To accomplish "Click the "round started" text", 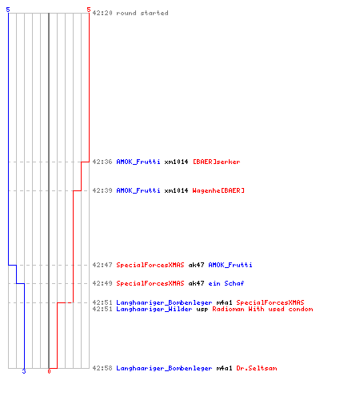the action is pos(142,13).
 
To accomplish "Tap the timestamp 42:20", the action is pos(102,13).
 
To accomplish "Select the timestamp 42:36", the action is pos(102,162).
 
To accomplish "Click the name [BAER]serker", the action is pos(216,162).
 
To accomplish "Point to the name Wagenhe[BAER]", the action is pos(218,190).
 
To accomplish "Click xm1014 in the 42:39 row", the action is pos(176,190).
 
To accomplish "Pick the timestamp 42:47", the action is pos(102,265).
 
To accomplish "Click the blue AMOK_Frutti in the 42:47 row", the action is pos(230,265).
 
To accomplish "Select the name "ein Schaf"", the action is pos(226,283).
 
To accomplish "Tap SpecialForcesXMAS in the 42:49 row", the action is pos(150,283).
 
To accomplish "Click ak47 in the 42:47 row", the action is pos(196,265).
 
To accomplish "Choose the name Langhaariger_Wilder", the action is pos(154,309).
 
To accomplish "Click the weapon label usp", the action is pos(202,310).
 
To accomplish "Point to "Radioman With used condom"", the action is pos(262,309).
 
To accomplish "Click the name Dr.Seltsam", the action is pos(257,368).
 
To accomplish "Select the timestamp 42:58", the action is pos(102,368).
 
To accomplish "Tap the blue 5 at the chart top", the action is pos(8,10).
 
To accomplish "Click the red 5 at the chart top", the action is pos(89,10).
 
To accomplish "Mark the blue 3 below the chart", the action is pos(24,371).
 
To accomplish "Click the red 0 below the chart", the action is pos(49,371).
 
